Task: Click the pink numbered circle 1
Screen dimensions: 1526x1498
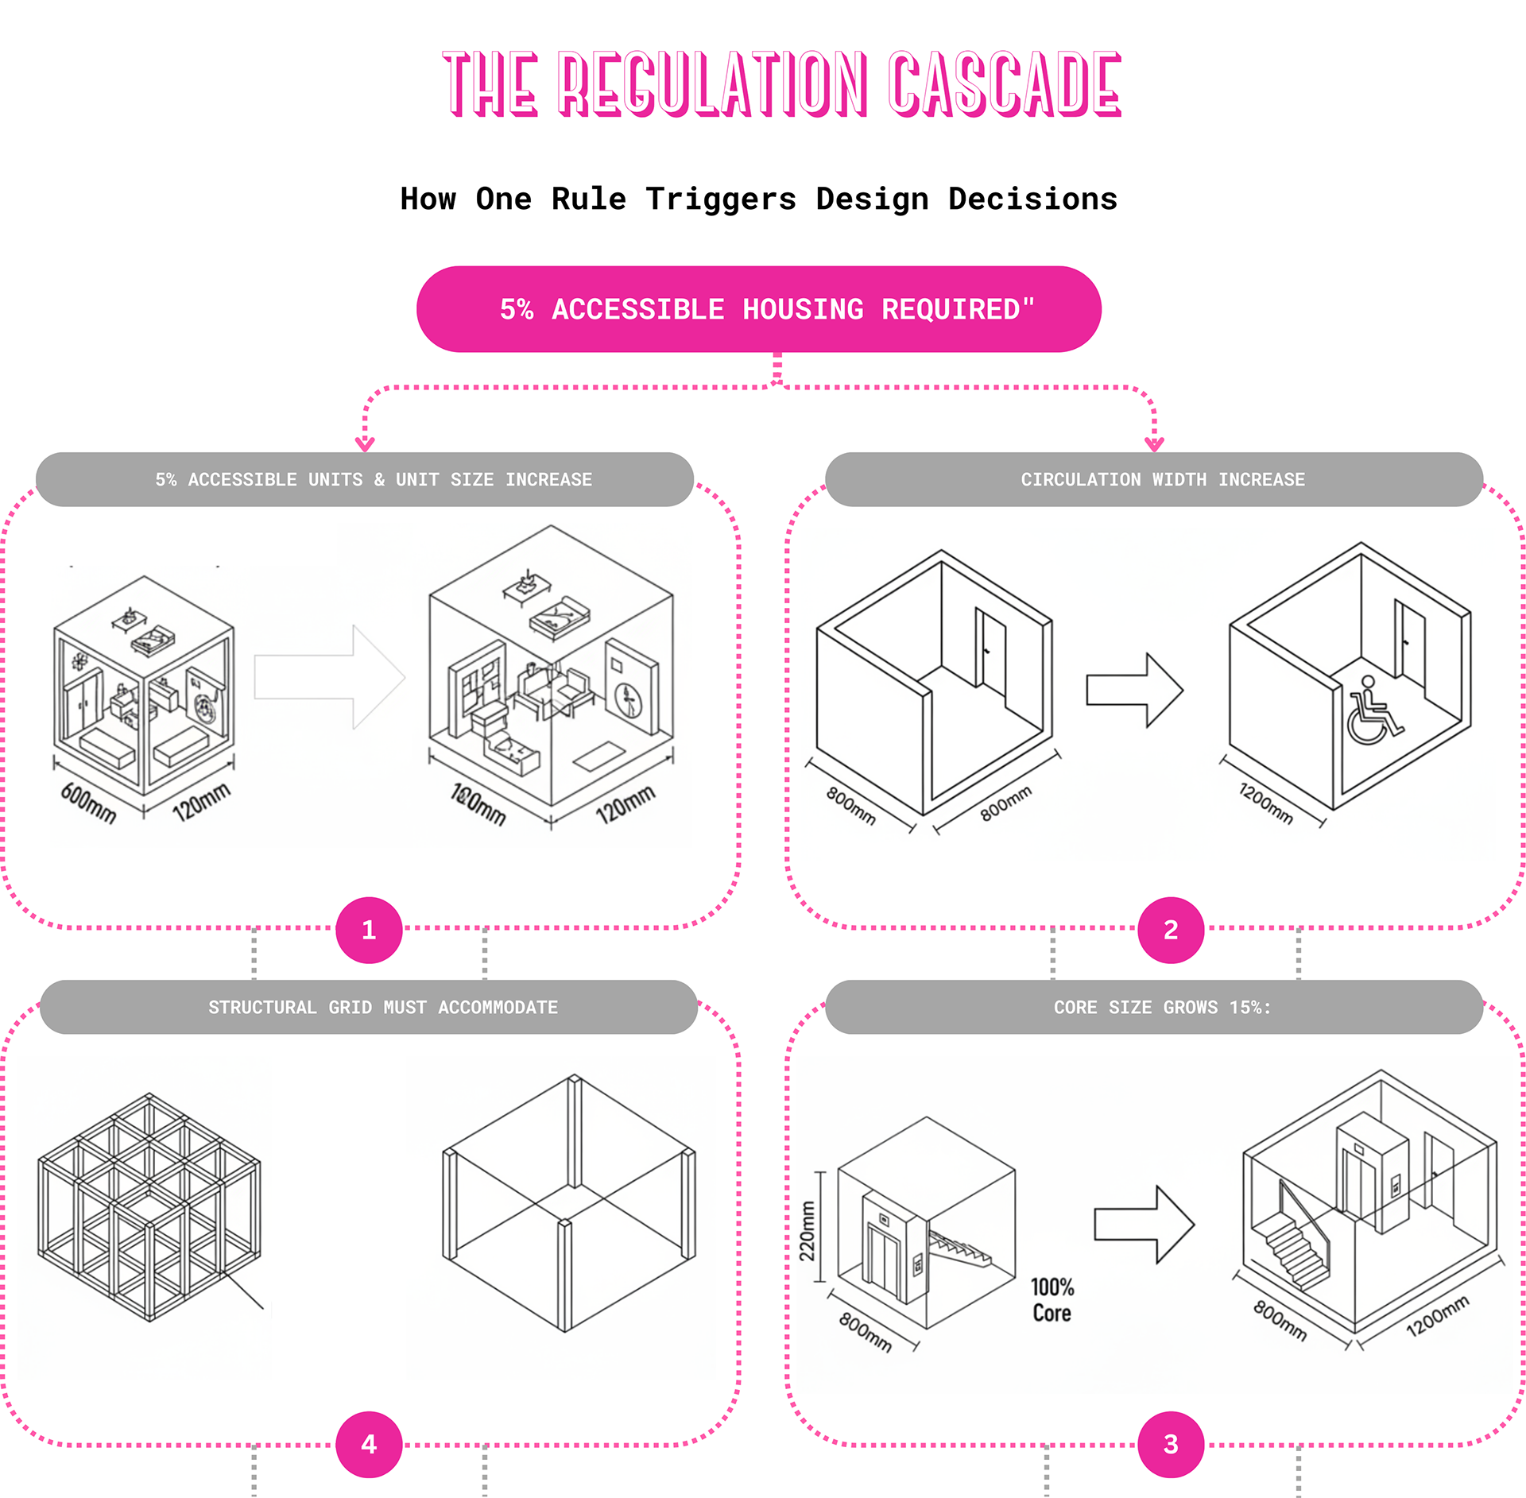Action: coord(369,930)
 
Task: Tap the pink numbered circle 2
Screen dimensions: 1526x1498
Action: coord(1170,930)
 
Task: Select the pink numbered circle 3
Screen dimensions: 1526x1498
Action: coord(1170,1444)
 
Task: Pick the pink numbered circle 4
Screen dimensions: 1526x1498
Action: coord(369,1444)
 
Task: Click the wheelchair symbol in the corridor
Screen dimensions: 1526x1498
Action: coord(1373,711)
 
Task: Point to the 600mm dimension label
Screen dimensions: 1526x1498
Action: coord(88,803)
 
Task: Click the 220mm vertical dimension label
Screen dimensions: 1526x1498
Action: coord(808,1231)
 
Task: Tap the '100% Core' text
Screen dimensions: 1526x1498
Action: coord(1052,1300)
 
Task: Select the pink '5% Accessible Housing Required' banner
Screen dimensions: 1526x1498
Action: coord(758,309)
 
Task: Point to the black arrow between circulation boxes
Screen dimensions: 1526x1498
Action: coord(1134,690)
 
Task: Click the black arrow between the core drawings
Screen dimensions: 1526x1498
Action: coord(1144,1225)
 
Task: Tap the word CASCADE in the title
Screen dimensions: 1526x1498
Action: coord(1005,83)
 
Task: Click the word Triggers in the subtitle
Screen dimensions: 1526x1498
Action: coord(720,199)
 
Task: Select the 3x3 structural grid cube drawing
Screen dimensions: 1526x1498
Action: coord(149,1207)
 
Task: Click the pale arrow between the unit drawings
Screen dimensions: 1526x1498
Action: coord(329,677)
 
